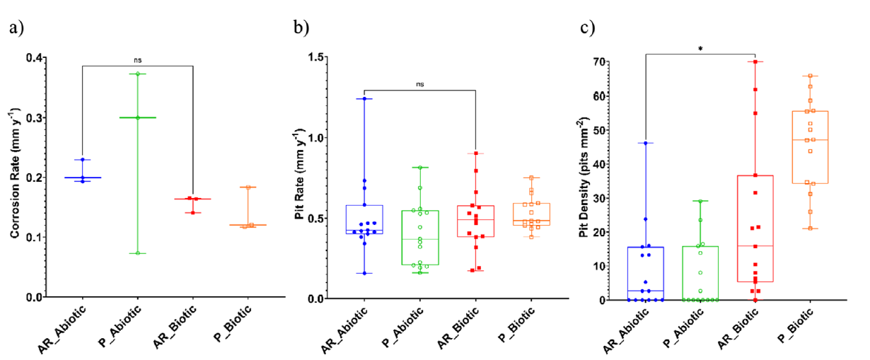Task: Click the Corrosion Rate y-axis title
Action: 16,178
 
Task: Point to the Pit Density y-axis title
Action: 584,178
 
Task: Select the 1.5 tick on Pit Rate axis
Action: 317,57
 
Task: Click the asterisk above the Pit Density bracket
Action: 700,49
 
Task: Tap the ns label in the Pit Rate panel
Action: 419,84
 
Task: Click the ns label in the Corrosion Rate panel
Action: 137,60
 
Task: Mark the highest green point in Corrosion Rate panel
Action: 138,74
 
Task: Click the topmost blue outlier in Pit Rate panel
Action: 364,99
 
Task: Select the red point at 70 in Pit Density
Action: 755,62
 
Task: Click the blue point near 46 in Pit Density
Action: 645,144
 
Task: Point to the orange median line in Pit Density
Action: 811,140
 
